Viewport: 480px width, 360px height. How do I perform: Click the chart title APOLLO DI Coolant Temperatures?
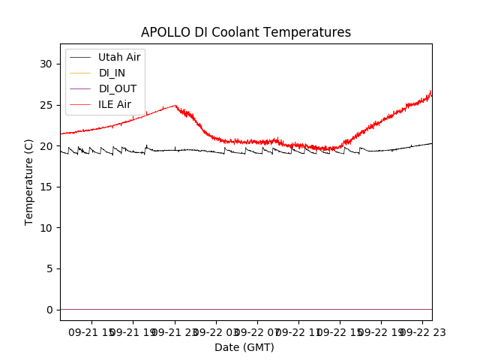[246, 32]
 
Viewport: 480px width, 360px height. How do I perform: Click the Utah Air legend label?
[119, 57]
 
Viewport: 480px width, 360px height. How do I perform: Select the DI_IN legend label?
[112, 73]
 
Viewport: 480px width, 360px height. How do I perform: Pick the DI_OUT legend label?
[118, 88]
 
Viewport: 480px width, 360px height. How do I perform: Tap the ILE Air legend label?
[115, 104]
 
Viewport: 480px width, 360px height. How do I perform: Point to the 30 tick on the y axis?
[46, 64]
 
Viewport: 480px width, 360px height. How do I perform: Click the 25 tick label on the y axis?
[46, 105]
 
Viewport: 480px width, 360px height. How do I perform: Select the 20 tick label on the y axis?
[46, 145]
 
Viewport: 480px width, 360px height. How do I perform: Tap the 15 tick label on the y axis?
[46, 187]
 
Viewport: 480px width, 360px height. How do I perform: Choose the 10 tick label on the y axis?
[46, 227]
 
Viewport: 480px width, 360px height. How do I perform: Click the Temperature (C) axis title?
[29, 181]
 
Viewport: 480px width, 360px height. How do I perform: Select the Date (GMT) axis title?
[244, 347]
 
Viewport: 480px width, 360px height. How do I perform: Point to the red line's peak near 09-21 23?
[175, 105]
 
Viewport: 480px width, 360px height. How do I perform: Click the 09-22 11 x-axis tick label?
[298, 331]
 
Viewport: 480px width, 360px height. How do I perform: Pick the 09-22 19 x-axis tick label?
[381, 331]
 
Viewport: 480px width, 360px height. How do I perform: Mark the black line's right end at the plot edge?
[431, 143]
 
